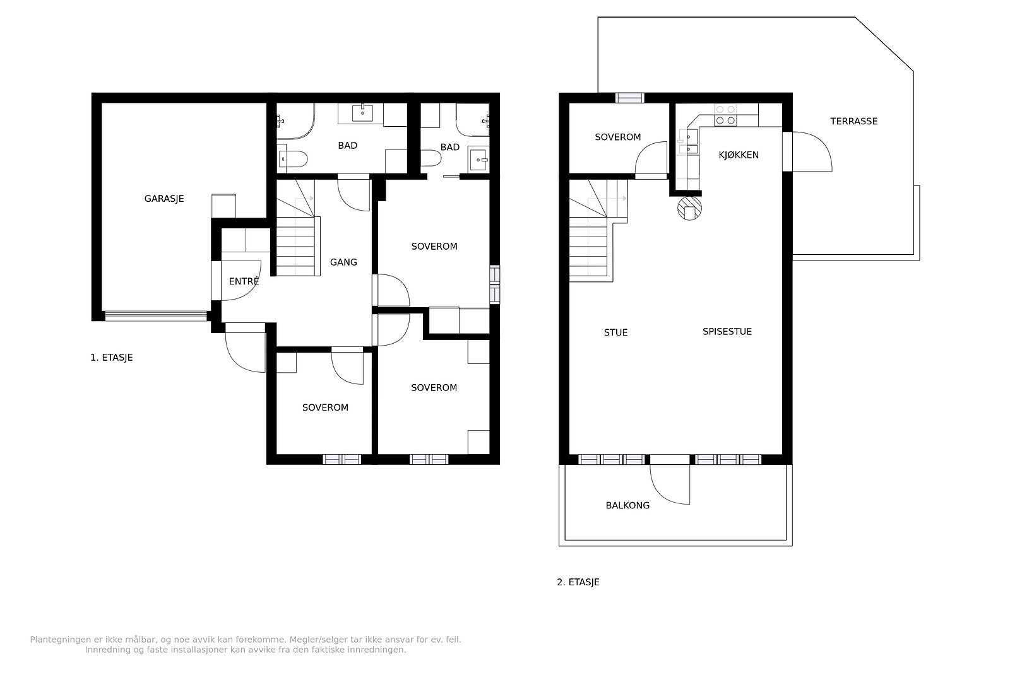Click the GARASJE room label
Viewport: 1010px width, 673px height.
[x=164, y=199]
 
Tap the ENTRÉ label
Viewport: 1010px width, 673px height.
[x=244, y=281]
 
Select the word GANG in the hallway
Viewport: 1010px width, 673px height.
[x=343, y=262]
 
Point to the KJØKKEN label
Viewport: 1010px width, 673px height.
[x=739, y=155]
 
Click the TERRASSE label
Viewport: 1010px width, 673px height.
[x=854, y=121]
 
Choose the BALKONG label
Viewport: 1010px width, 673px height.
[x=627, y=505]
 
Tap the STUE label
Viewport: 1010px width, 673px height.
[x=616, y=332]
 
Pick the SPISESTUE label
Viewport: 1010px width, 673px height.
[x=727, y=332]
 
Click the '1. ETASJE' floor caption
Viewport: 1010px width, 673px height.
[x=112, y=358]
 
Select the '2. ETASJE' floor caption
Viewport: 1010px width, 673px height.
[x=578, y=582]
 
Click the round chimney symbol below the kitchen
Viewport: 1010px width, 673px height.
[x=689, y=209]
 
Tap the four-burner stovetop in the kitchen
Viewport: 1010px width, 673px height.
[x=725, y=115]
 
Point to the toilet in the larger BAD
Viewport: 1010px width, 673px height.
[x=293, y=159]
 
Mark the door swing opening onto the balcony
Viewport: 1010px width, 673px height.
[x=670, y=484]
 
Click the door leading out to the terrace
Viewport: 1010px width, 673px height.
[x=812, y=152]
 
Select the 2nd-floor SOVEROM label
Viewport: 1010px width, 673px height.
[x=618, y=137]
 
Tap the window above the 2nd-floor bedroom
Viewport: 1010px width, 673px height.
[x=630, y=98]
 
